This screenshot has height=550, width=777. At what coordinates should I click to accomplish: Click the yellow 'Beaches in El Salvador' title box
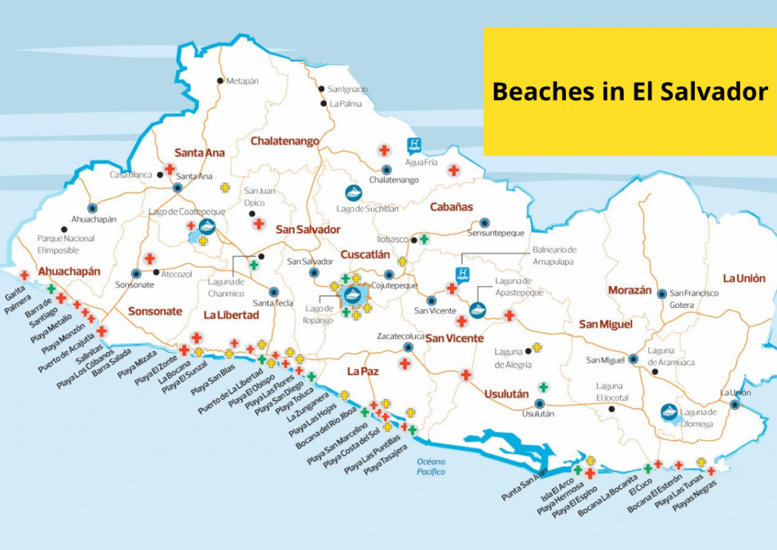[x=630, y=92]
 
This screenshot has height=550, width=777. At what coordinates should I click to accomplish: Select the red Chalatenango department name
[x=285, y=141]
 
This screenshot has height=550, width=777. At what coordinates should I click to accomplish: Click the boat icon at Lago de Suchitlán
[x=354, y=193]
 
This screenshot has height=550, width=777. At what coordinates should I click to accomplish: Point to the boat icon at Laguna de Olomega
[x=669, y=411]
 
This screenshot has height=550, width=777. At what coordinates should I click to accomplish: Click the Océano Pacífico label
[x=430, y=467]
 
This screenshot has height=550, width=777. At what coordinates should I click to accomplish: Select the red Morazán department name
[x=630, y=290]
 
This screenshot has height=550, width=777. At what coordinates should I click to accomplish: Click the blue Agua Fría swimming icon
[x=414, y=144]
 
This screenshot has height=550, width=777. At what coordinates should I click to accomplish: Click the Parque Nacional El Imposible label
[x=66, y=244]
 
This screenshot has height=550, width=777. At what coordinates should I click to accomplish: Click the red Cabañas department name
[x=451, y=206]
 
